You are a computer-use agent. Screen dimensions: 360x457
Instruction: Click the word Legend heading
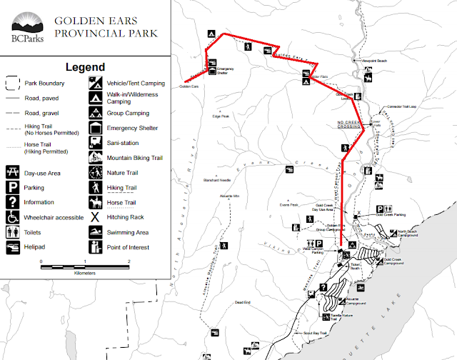85,67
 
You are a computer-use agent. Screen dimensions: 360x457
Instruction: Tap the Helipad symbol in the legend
12,247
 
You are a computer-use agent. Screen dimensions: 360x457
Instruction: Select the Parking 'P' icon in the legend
12,187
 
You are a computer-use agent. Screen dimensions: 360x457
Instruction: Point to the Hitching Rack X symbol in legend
95,216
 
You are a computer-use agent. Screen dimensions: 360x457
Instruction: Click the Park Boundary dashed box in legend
12,82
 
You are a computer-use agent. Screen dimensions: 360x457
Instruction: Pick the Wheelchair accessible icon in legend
12,216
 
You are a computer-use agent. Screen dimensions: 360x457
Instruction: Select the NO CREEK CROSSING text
350,124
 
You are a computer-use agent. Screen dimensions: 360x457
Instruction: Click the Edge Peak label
221,116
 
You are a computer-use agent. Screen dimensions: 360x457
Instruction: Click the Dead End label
243,302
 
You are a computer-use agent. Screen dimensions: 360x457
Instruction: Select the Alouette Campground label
356,301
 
